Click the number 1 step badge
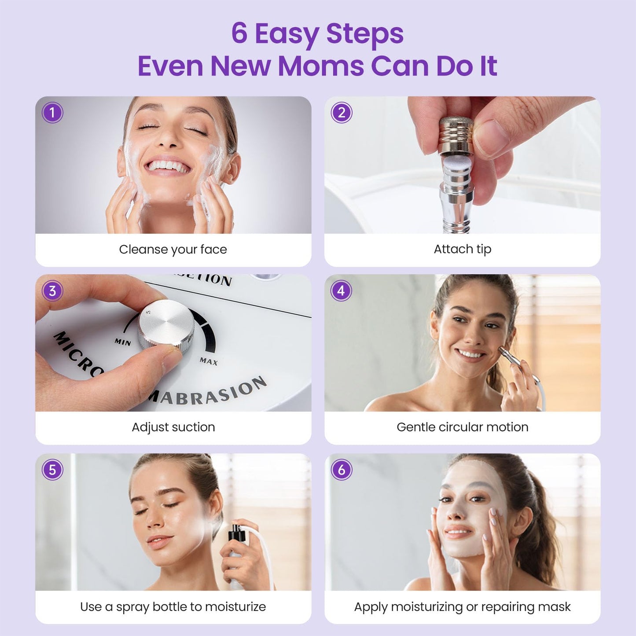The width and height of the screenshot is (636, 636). [52, 113]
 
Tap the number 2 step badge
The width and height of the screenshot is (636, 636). [342, 113]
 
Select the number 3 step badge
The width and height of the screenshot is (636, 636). [52, 291]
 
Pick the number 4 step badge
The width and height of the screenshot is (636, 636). [341, 290]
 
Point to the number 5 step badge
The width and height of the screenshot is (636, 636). [52, 470]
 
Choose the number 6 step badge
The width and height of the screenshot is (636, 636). [342, 470]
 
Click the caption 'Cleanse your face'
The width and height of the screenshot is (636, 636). [173, 250]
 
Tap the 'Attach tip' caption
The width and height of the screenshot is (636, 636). [462, 249]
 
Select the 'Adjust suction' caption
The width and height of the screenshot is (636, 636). [173, 427]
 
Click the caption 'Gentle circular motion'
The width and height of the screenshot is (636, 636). [462, 427]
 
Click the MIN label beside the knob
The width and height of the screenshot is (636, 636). [123, 342]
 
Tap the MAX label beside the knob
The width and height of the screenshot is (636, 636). [208, 361]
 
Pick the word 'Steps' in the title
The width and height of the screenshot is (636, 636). [364, 33]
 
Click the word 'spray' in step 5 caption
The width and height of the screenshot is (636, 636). [132, 607]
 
